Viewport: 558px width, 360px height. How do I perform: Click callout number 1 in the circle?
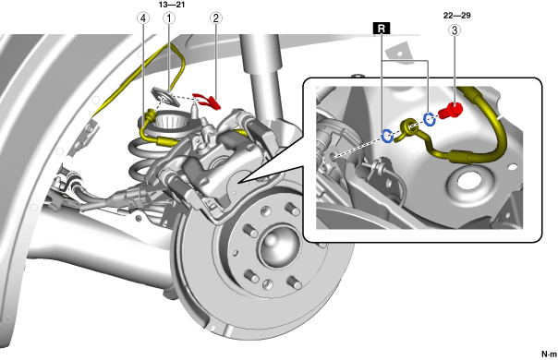point(169,18)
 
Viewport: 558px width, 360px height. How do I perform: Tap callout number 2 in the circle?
point(215,18)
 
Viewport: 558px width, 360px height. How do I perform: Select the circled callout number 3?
point(455,30)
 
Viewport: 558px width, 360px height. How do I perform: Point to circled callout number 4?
point(143,18)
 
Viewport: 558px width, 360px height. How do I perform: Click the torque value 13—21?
point(172,5)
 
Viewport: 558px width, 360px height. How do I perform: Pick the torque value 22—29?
point(457,16)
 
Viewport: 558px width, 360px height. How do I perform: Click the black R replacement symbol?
point(382,29)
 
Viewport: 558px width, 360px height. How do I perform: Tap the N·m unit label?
point(549,354)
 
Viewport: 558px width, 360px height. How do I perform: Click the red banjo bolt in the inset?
point(450,111)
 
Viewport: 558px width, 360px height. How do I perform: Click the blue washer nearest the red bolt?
point(430,119)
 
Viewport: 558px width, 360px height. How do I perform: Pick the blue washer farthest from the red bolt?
point(387,136)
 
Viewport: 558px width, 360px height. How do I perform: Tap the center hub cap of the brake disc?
point(277,246)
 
